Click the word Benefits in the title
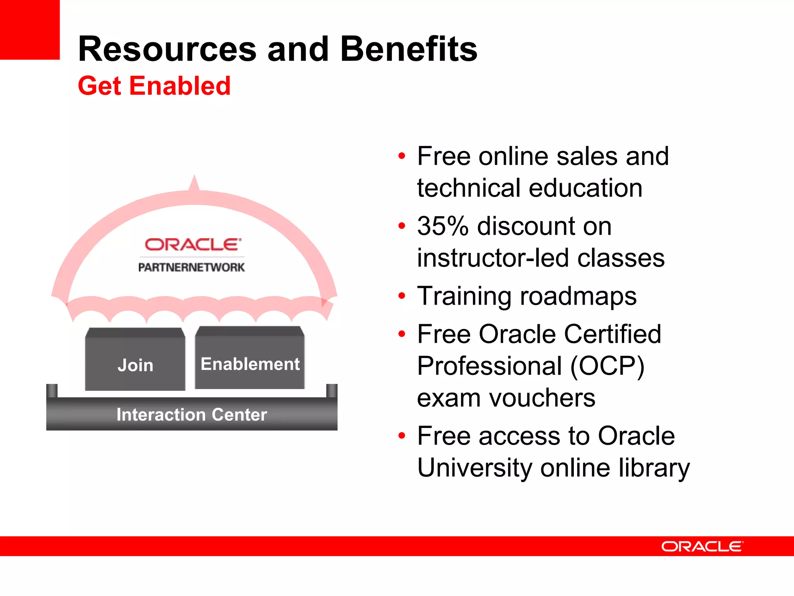pyautogui.click(x=409, y=49)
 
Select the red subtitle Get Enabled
pyautogui.click(x=154, y=86)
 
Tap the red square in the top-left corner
pyautogui.click(x=29, y=29)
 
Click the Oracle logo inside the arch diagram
pyautogui.click(x=193, y=244)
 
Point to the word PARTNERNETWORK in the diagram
pyautogui.click(x=192, y=267)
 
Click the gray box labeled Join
pyautogui.click(x=135, y=361)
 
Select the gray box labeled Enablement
pyautogui.click(x=250, y=359)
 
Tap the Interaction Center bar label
pyautogui.click(x=192, y=414)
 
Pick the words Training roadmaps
pyautogui.click(x=526, y=296)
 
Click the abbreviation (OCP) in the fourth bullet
pyautogui.click(x=607, y=366)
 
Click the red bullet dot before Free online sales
pyautogui.click(x=402, y=156)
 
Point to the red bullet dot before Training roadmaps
pyautogui.click(x=402, y=296)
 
